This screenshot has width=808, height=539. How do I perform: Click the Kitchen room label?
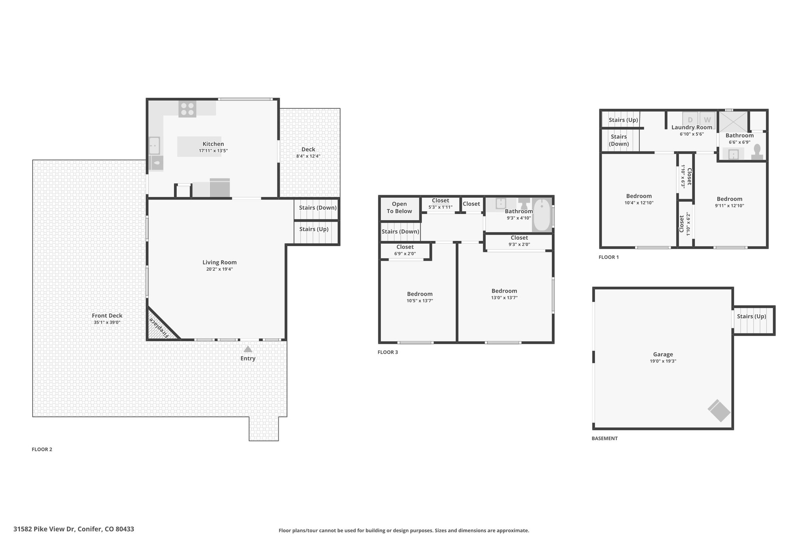pos(213,144)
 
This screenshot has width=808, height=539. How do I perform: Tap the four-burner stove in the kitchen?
pos(187,109)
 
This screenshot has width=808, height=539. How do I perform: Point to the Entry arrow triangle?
pos(248,349)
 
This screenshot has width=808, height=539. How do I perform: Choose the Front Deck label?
pos(107,316)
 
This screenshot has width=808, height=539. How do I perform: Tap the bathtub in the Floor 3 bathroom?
pos(542,215)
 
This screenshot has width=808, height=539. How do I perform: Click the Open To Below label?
pos(399,208)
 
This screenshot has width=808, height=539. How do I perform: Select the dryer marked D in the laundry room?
pos(690,120)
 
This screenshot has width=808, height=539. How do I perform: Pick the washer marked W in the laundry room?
pos(707,120)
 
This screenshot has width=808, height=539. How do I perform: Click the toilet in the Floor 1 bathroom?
pos(757,152)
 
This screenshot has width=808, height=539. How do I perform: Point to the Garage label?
pos(663,354)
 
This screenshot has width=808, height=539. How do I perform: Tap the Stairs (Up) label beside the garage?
pos(751,316)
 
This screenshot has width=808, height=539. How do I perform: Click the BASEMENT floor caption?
pos(604,438)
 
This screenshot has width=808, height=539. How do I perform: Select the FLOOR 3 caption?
pos(388,352)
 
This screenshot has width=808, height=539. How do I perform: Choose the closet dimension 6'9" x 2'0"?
pos(405,254)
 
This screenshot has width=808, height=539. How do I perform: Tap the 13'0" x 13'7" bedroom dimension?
pos(504,298)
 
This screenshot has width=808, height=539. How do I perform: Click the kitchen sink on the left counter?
pos(154,145)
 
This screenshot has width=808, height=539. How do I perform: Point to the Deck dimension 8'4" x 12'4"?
pos(308,156)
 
